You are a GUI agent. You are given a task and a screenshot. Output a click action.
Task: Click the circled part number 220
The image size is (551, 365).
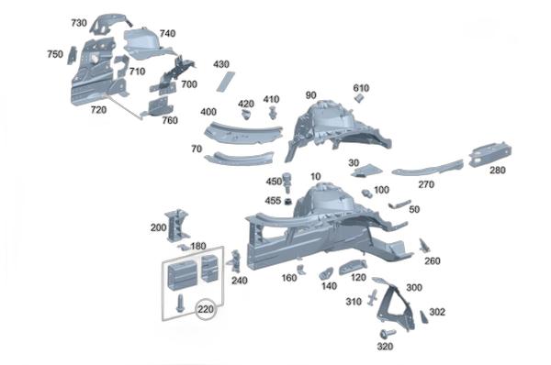[206, 309]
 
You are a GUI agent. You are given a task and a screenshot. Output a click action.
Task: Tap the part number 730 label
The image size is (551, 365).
[79, 23]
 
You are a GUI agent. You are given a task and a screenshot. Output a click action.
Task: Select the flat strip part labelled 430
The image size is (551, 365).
[225, 82]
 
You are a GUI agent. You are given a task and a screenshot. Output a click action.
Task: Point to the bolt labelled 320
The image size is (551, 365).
[387, 333]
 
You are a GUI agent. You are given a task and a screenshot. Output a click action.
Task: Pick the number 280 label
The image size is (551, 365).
[497, 171]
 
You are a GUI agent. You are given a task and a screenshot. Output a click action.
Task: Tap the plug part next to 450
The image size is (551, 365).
[288, 181]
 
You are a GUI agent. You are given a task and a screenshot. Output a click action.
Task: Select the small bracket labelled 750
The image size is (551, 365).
[72, 55]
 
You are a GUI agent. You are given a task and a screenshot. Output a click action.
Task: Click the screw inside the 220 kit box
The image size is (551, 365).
[180, 303]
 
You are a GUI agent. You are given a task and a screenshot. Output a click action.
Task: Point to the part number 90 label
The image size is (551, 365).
[310, 95]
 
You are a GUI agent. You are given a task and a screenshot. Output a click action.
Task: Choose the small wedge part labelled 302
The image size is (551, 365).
[423, 316]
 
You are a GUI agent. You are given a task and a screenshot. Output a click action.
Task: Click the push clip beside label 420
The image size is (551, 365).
[245, 114]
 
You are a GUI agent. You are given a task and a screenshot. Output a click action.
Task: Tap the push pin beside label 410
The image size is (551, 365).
[272, 112]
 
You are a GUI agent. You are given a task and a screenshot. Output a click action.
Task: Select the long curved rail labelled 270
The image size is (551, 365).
[428, 169]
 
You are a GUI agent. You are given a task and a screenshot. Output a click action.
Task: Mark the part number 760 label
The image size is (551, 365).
[170, 120]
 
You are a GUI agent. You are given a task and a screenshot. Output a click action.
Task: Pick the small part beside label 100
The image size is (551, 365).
[367, 193]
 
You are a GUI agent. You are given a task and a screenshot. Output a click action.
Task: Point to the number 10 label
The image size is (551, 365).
[316, 176]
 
